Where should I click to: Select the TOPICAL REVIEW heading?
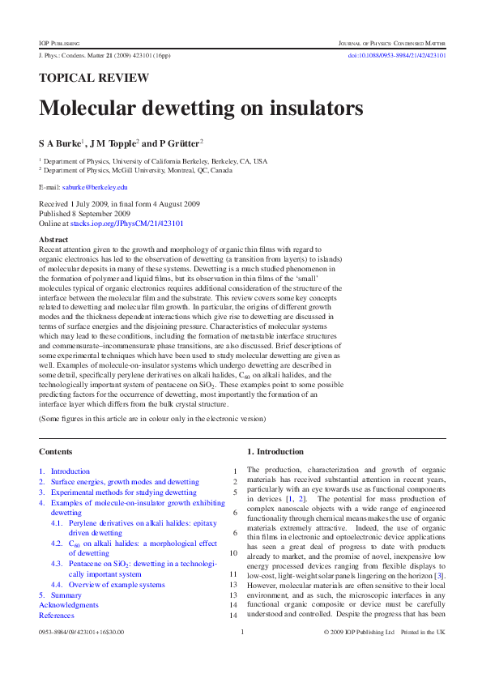pos(94,79)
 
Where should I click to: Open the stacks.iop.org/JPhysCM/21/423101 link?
pos(137,223)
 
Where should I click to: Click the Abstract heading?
pos(53,240)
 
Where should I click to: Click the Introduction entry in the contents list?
pos(70,471)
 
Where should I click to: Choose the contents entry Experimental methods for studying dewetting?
pos(123,492)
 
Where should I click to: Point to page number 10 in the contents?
pos(232,552)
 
